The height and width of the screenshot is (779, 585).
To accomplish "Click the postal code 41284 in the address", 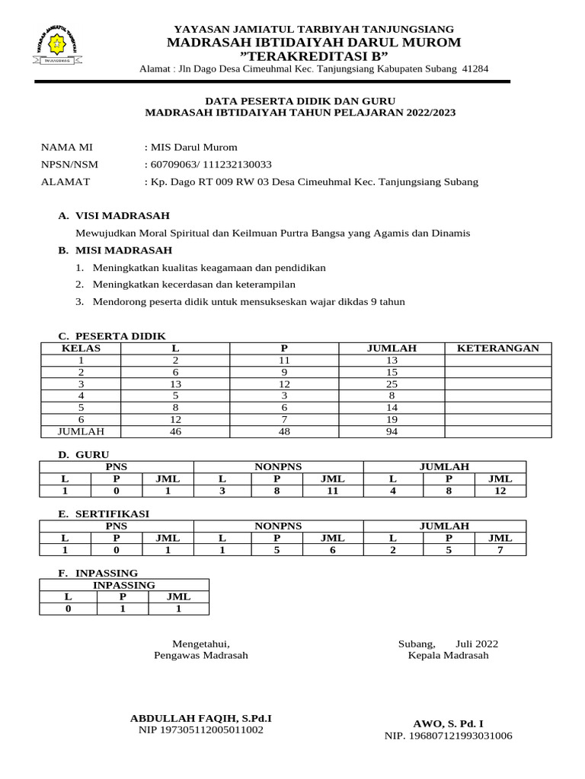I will [475, 69].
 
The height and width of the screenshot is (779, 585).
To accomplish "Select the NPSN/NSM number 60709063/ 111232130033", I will [208, 164].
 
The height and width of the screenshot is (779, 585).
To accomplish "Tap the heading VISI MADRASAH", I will [122, 216].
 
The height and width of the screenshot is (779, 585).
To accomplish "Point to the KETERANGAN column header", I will [497, 348].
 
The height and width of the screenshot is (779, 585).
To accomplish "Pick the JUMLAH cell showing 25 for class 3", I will [392, 384].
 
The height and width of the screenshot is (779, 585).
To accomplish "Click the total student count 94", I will [392, 431].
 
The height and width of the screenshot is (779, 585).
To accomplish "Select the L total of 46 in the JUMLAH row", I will [175, 431].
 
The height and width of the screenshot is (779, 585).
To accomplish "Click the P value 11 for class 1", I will [285, 361].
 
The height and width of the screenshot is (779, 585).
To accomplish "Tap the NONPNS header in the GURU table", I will [278, 466].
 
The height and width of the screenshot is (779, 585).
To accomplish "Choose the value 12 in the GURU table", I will [500, 491].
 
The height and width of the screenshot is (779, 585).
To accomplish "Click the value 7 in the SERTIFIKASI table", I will [500, 549].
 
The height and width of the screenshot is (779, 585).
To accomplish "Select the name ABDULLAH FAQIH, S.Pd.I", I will [201, 718].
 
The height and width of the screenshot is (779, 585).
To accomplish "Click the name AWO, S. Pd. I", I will [448, 723].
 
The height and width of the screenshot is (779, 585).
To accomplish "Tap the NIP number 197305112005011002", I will [201, 730].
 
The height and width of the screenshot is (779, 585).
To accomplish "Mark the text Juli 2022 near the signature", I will [477, 644].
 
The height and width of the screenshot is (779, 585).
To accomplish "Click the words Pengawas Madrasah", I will [201, 655].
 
